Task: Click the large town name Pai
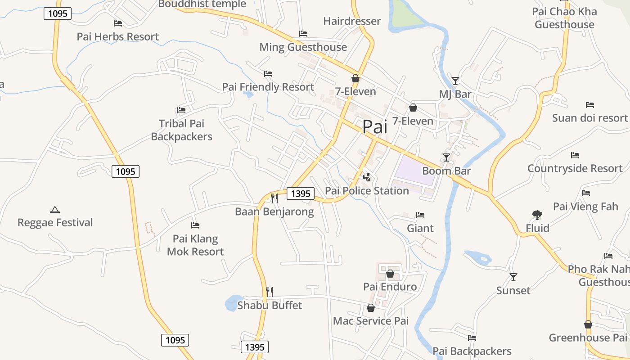[x=374, y=127]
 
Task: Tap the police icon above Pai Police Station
[x=367, y=177]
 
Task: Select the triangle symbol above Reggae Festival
[x=55, y=209]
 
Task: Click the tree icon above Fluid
[x=537, y=215]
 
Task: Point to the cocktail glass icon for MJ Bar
[x=455, y=81]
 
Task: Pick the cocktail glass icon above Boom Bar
[x=446, y=157]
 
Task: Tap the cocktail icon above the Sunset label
[x=513, y=277]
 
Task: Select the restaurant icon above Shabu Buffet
[x=269, y=292]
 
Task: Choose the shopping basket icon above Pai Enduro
[x=390, y=273]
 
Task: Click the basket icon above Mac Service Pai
[x=371, y=308]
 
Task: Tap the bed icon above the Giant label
[x=420, y=215]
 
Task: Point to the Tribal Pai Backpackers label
[x=181, y=130]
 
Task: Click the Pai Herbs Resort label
[x=118, y=36]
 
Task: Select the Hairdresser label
[x=352, y=21]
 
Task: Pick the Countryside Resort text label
[x=575, y=168]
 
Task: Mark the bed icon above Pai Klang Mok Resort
[x=195, y=225]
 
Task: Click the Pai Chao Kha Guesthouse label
[x=564, y=18]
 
